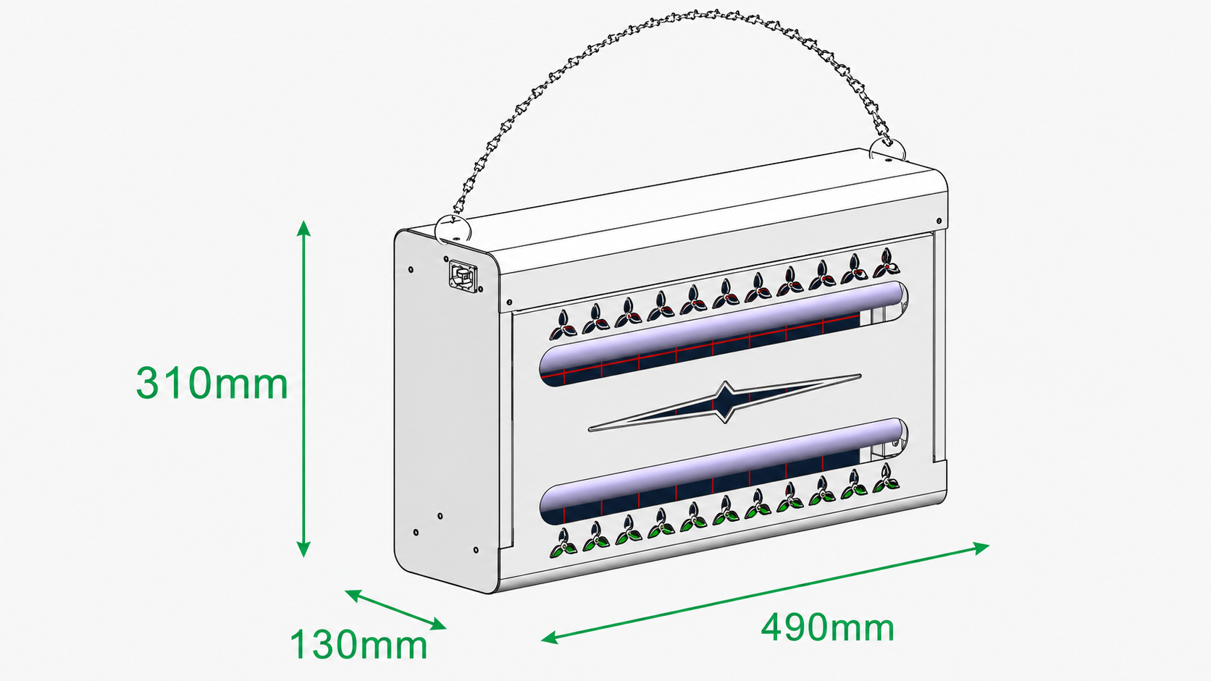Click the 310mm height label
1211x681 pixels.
[x=211, y=383]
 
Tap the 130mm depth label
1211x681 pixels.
[x=359, y=644]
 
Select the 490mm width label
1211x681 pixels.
[x=827, y=627]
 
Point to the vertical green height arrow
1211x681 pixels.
[x=303, y=389]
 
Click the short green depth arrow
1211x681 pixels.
[x=395, y=609]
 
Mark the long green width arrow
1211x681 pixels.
[x=765, y=593]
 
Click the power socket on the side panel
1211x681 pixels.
[x=464, y=276]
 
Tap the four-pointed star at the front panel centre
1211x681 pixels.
[x=724, y=402]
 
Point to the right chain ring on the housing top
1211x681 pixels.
[x=887, y=151]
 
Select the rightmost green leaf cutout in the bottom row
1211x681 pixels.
[x=886, y=478]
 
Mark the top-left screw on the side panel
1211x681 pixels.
[x=411, y=269]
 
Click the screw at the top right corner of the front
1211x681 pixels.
[x=939, y=221]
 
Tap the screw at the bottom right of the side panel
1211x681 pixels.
[x=476, y=550]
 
